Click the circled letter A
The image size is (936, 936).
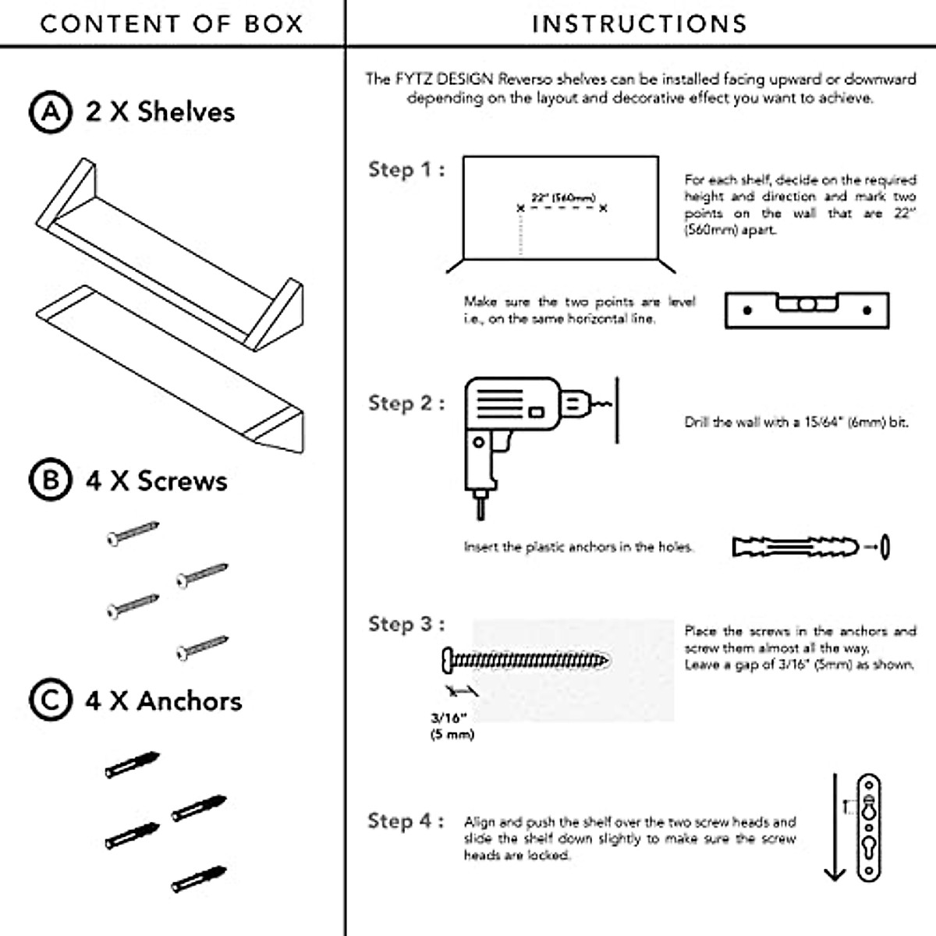[51, 112]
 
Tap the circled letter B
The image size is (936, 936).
[51, 480]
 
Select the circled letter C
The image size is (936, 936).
[51, 700]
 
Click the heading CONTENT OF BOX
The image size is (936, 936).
[172, 24]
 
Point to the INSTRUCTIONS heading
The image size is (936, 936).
[640, 24]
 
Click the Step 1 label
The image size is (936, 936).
[406, 169]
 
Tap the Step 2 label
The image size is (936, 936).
[406, 403]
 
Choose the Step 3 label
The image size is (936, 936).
[406, 624]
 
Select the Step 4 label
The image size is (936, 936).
[406, 821]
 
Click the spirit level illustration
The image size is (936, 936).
[807, 310]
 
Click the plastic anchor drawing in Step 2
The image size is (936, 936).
[796, 546]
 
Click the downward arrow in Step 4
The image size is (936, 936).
[835, 827]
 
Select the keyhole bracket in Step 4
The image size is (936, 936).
[869, 827]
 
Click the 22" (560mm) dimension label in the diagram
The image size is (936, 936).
[562, 198]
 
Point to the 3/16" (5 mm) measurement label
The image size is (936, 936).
[451, 726]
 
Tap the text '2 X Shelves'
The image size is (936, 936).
[160, 112]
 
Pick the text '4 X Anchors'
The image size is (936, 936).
[163, 700]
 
